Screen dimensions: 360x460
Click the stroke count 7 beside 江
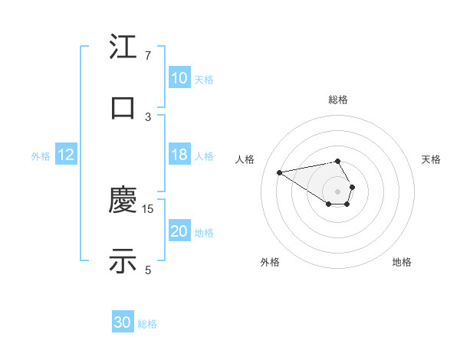tap(148, 56)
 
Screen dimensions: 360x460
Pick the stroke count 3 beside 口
tap(148, 116)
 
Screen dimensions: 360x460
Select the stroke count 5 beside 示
tap(148, 269)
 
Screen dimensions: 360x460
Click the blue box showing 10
tap(179, 78)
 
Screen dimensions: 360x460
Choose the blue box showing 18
tap(179, 155)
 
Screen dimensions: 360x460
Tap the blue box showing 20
tap(179, 231)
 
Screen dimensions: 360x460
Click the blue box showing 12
tap(66, 155)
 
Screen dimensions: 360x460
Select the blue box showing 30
tap(123, 323)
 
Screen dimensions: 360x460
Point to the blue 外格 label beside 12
tap(41, 156)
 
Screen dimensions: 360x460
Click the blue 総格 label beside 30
tap(148, 325)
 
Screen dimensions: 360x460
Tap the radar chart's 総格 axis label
tap(338, 100)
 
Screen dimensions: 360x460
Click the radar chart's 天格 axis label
tap(432, 159)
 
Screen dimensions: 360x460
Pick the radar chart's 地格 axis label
tap(402, 262)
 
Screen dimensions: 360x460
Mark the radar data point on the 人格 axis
tap(280, 172)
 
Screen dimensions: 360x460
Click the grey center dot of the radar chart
tap(337, 191)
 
